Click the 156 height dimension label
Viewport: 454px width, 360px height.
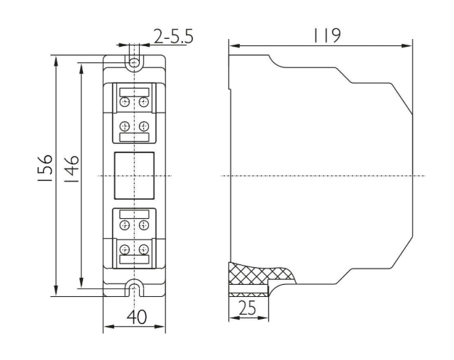click(45, 168)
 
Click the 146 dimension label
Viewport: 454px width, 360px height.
click(71, 169)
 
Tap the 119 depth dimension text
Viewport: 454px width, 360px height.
click(327, 35)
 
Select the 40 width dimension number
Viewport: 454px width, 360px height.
click(137, 317)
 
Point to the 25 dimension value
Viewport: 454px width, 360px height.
click(248, 308)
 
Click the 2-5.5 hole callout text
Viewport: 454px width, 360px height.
click(173, 37)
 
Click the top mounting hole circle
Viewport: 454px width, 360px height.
click(134, 62)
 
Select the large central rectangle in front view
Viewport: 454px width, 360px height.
click(134, 176)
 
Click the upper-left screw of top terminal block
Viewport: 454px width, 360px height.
click(125, 102)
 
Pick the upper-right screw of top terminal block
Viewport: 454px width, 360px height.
click(143, 102)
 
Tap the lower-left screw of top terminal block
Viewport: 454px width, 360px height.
click(125, 126)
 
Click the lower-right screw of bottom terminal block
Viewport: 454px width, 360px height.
click(143, 249)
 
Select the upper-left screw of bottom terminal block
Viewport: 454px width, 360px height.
click(125, 225)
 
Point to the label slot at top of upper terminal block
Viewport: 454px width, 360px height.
click(134, 93)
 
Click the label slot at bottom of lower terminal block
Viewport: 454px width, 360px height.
click(134, 259)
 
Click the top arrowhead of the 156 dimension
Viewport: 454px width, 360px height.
click(56, 61)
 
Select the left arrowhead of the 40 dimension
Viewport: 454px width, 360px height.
click(109, 327)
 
